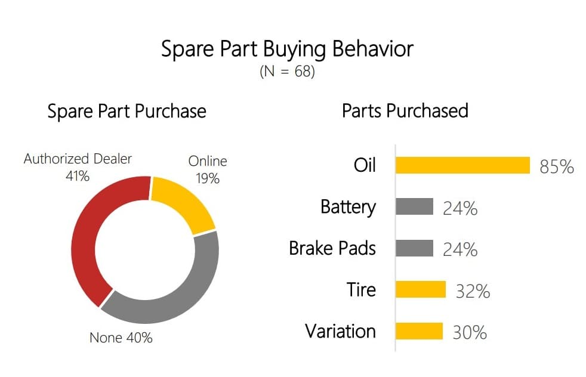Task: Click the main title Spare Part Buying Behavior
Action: (x=287, y=50)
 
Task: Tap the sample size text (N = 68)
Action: (x=287, y=71)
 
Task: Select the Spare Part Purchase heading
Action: (x=127, y=112)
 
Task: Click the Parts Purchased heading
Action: (x=405, y=110)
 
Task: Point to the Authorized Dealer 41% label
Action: (x=78, y=167)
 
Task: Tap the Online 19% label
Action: (x=208, y=169)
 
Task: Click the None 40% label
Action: (x=121, y=338)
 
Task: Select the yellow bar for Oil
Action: (x=462, y=165)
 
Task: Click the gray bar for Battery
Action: (x=415, y=206)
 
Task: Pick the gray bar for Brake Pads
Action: (x=415, y=248)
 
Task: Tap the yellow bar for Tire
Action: (x=421, y=289)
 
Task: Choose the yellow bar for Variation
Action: (x=420, y=331)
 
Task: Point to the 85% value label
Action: (x=557, y=166)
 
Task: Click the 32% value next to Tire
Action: (x=473, y=291)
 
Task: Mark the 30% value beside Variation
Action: (x=470, y=332)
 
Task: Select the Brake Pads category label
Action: (x=332, y=248)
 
